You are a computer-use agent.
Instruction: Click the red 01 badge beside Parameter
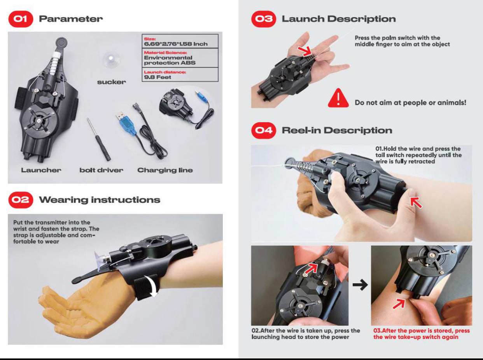[x=21, y=19]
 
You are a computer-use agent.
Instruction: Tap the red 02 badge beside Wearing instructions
[x=21, y=200]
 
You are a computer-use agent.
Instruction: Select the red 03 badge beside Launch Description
[x=264, y=19]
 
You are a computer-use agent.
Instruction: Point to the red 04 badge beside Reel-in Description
[x=264, y=130]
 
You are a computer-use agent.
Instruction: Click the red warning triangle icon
[x=338, y=98]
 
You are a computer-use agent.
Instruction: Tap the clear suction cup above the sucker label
[x=111, y=59]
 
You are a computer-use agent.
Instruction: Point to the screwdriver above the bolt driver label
[x=99, y=139]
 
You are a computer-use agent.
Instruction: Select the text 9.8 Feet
[x=157, y=77]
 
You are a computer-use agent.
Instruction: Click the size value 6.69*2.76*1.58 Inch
[x=176, y=44]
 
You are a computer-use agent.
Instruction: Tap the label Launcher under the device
[x=41, y=170]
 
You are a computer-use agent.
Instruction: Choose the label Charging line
[x=165, y=170]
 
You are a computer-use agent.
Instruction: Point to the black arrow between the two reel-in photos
[x=360, y=285]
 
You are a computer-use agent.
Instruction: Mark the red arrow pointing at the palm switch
[x=305, y=52]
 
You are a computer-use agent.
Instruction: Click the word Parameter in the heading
[x=71, y=19]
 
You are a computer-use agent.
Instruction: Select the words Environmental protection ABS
[x=170, y=60]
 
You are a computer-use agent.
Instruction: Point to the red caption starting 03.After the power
[x=422, y=334]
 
